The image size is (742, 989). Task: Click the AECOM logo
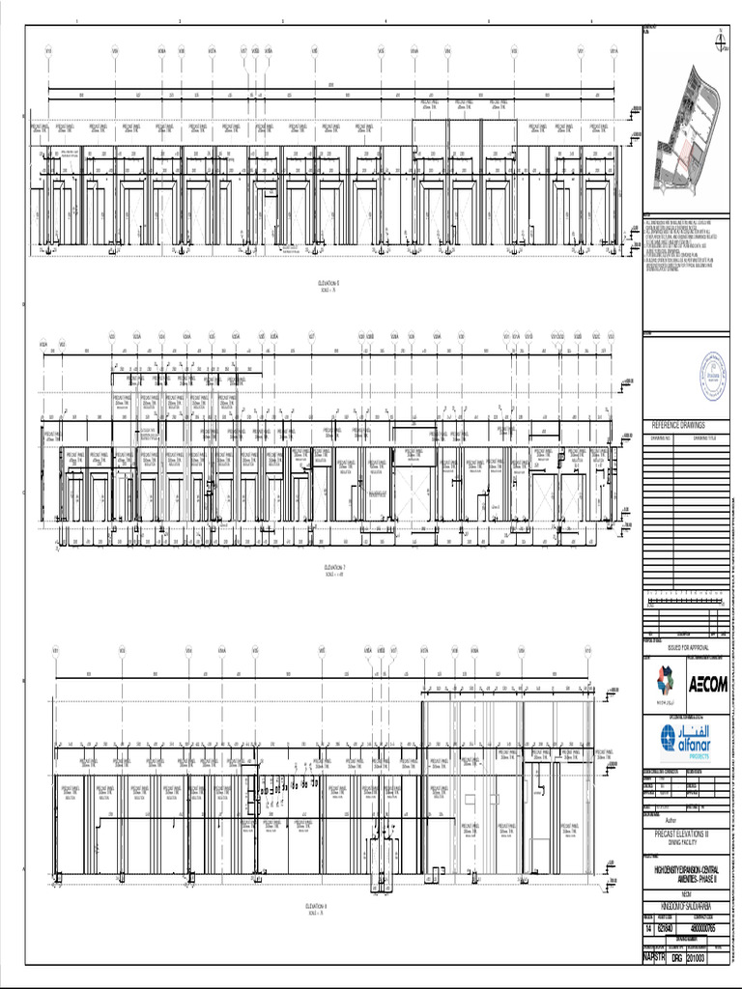point(708,686)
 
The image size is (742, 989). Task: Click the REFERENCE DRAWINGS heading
point(679,425)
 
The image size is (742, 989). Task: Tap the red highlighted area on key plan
point(687,155)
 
